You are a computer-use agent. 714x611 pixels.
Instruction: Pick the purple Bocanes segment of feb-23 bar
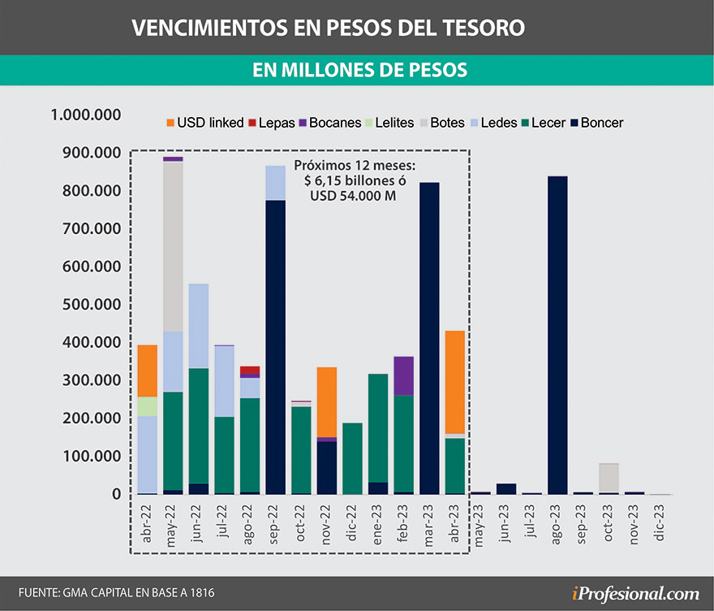tap(404, 375)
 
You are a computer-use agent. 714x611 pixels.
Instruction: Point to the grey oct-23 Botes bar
tap(609, 478)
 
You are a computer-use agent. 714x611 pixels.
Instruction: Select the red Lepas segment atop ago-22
tap(249, 370)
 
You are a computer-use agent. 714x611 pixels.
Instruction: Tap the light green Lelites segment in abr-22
tap(147, 406)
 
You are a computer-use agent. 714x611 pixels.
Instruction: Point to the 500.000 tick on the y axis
tap(85, 304)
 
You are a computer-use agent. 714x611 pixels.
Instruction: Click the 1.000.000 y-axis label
tap(85, 115)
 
